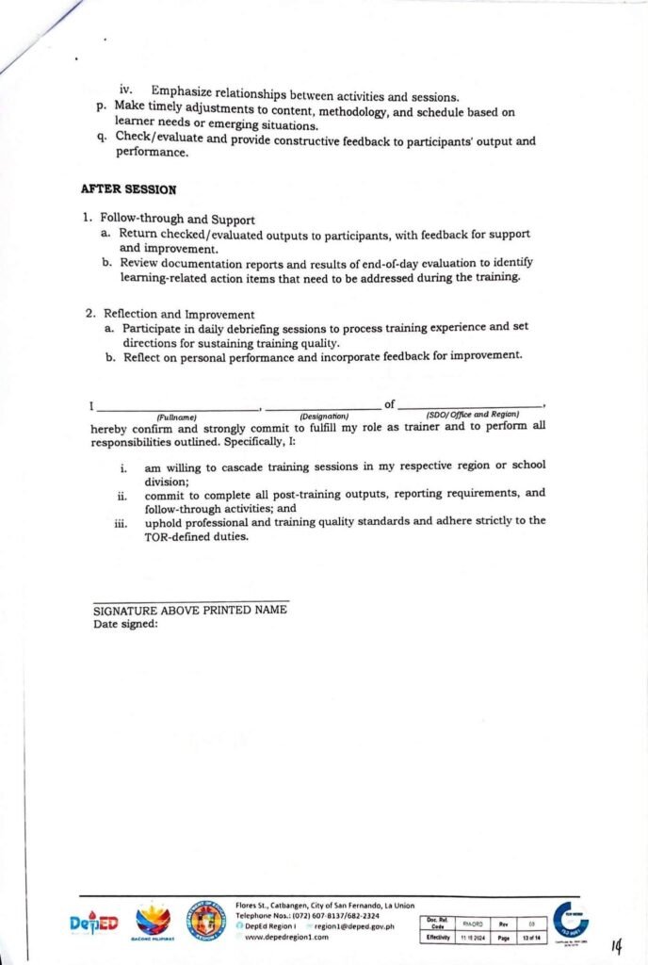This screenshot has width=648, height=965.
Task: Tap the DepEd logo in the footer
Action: (94, 924)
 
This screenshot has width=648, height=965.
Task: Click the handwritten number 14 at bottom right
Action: (617, 945)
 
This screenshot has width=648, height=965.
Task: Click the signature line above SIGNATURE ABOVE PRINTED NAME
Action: (190, 600)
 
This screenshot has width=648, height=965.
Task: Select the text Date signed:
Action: (125, 624)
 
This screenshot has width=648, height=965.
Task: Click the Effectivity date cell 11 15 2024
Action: (473, 938)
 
